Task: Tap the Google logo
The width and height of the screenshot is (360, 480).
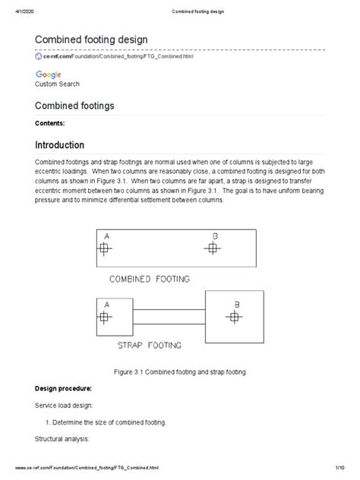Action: (x=48, y=74)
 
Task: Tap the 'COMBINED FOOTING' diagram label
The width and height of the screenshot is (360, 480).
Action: (x=150, y=279)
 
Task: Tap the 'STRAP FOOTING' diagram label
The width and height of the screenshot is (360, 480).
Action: (x=149, y=345)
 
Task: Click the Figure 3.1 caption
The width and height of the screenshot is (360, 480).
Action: (x=179, y=372)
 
